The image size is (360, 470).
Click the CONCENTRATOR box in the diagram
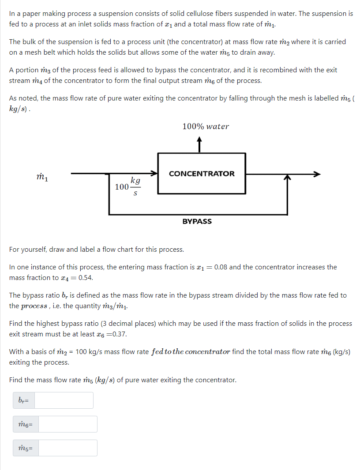202,173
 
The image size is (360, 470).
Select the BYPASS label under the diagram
197,221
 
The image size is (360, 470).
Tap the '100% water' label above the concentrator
206,127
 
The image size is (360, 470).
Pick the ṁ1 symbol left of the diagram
43,177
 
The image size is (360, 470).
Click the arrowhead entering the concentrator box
154,173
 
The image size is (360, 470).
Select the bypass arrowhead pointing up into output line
288,178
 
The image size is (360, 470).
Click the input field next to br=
64,400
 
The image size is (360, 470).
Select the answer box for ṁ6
67,424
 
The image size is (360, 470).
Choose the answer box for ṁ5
67,448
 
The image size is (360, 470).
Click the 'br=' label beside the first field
24,400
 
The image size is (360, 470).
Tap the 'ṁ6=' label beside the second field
26,424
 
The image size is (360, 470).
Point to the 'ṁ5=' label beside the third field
26,448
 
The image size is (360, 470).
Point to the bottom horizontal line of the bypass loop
199,214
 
